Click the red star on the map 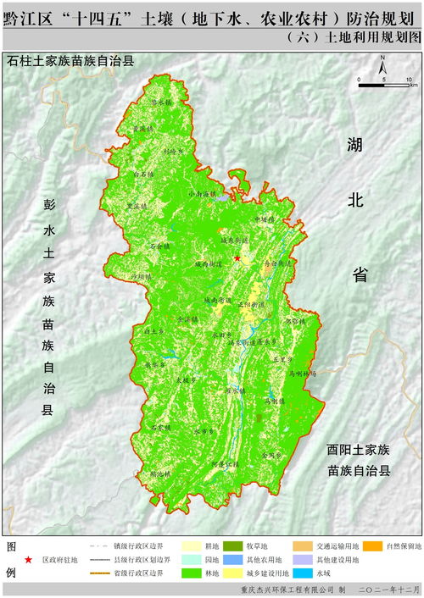click(237, 258)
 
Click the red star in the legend click(30, 560)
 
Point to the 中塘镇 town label click(265, 219)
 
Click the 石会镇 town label click(160, 246)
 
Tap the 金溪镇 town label click(271, 455)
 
